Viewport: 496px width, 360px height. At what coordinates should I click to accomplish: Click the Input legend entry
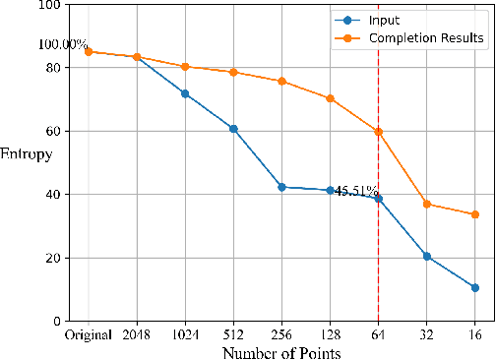(x=384, y=19)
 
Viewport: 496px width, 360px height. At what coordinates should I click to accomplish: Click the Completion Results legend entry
(x=426, y=38)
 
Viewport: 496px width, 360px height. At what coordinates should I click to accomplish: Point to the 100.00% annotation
(x=63, y=45)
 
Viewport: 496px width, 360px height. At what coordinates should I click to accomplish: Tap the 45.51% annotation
(x=356, y=192)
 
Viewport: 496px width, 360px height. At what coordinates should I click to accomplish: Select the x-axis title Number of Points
(x=281, y=351)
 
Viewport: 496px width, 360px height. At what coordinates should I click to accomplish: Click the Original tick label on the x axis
(x=88, y=334)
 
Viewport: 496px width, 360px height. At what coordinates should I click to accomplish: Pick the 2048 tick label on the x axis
(x=137, y=334)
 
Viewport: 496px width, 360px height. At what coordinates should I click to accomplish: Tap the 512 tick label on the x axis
(x=233, y=334)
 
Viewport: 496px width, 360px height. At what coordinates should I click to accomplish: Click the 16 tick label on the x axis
(x=474, y=334)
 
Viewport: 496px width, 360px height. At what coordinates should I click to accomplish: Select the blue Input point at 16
(x=474, y=288)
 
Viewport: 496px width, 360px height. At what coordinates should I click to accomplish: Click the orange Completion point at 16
(x=474, y=214)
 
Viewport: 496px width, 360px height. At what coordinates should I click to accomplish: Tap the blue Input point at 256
(x=281, y=187)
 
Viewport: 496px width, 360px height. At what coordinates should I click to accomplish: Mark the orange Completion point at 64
(x=378, y=132)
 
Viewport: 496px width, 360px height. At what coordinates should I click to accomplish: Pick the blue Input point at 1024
(x=185, y=93)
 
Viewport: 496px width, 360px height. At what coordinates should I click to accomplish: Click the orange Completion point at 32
(x=426, y=204)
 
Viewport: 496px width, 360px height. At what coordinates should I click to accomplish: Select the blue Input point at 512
(x=233, y=129)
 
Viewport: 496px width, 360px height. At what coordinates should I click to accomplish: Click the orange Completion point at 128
(x=330, y=98)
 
